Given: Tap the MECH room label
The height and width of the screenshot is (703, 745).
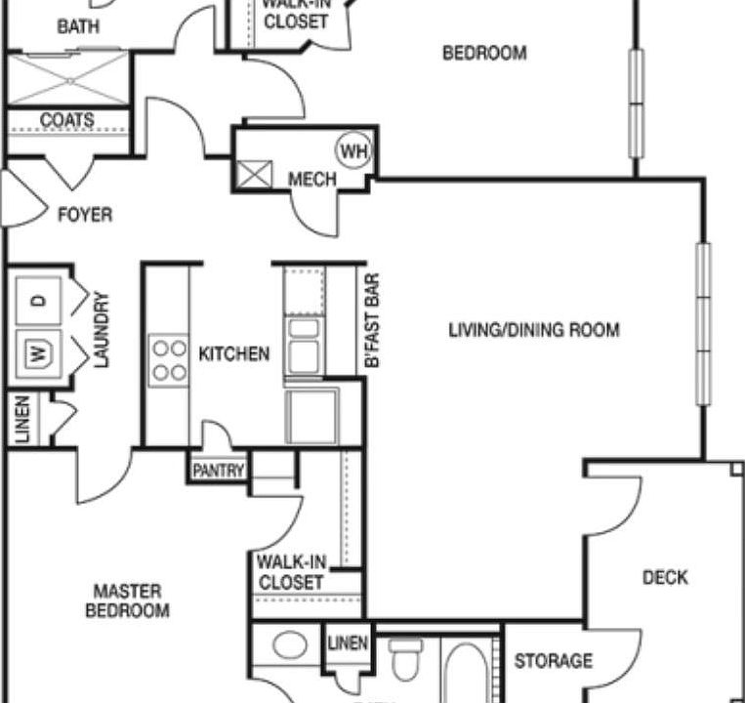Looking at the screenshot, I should coord(312,180).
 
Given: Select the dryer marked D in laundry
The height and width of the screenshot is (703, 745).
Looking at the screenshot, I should coord(38,300).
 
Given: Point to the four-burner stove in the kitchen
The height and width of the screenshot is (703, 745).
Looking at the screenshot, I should coord(168,359).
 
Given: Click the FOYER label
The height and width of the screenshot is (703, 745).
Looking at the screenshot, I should coord(85,215).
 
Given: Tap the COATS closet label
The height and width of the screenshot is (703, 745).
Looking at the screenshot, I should coord(67,120).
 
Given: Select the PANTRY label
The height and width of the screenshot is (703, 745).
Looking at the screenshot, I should coord(218,471).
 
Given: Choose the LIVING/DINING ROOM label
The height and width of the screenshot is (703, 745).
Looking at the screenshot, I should coord(533,330).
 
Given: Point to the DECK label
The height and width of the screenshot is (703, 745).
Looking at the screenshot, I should coord(665,578).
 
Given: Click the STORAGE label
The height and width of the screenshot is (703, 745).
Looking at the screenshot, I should coord(554,661).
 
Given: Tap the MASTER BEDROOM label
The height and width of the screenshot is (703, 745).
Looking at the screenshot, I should coord(128,600).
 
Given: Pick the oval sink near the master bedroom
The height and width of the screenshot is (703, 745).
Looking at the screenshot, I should coord(289,645).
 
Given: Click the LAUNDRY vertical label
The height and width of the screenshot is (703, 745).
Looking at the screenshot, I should coord(103,329).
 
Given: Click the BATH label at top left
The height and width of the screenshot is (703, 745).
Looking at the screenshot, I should coord(77,27).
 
